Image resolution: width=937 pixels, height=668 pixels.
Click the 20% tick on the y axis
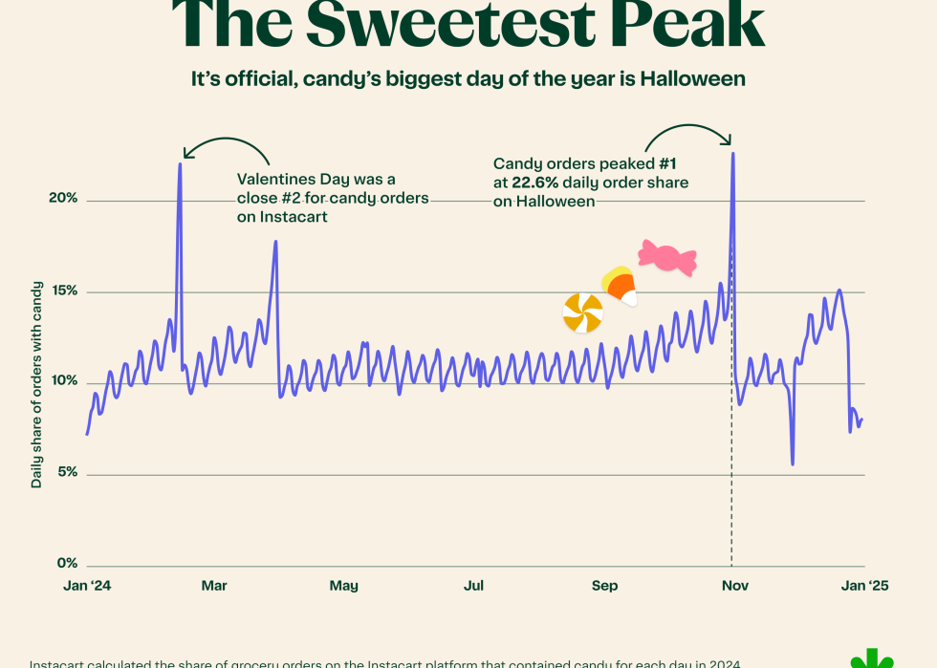(64, 199)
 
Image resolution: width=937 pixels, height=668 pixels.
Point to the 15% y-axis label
(64, 291)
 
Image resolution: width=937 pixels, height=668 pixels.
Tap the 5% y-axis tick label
(67, 473)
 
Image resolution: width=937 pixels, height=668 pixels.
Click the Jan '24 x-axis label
(87, 585)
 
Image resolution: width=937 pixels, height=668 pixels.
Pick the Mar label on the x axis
(214, 585)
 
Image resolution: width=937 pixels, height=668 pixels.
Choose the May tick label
(343, 585)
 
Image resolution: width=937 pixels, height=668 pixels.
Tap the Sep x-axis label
(604, 585)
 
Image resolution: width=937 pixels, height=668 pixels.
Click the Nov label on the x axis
(733, 585)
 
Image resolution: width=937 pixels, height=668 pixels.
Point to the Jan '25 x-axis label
(864, 585)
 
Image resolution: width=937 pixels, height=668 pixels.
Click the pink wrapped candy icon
(666, 257)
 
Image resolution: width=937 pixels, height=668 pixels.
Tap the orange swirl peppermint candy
(582, 312)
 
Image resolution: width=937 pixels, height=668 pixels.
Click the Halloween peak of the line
(732, 153)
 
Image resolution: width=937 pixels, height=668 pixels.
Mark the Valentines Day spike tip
(180, 164)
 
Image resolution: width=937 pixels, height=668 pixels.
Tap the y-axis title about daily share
(36, 384)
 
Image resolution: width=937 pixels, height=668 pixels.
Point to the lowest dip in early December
(793, 463)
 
